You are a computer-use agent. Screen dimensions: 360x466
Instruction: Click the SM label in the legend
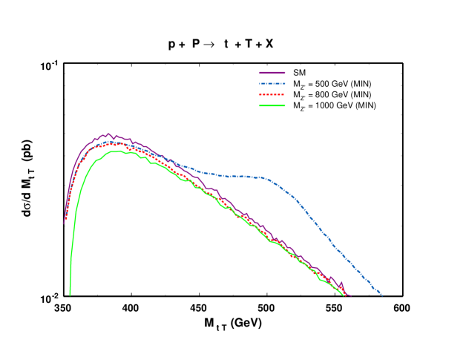pos(300,73)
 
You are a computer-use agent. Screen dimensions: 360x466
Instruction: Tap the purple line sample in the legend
pos(272,73)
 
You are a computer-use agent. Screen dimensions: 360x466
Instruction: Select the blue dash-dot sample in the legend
pos(272,84)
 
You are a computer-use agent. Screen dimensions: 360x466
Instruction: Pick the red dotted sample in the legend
pos(272,95)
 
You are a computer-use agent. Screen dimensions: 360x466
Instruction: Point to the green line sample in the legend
pos(272,106)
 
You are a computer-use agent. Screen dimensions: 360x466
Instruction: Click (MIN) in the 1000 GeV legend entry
pos(365,106)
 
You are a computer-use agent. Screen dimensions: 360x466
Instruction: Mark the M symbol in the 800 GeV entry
pos(296,95)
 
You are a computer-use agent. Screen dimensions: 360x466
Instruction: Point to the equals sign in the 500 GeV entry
pos(310,84)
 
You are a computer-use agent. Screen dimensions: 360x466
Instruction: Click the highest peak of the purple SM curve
pos(108,134)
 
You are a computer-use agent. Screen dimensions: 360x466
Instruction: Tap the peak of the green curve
pos(116,151)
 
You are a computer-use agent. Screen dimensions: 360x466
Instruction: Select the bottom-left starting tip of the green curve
pos(70,295)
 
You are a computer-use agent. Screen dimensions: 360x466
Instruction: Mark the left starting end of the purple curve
pos(64,222)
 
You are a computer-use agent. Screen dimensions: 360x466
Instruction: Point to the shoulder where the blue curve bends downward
pos(267,179)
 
